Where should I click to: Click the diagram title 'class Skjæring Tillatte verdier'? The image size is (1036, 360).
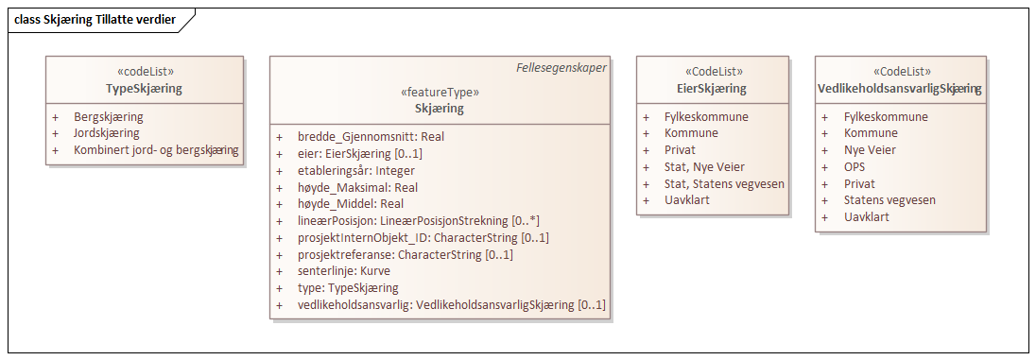[x=95, y=20]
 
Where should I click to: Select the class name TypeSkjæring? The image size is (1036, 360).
[x=144, y=89]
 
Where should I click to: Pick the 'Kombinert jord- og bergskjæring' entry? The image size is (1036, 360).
[x=156, y=150]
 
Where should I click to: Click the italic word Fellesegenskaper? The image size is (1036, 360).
[x=561, y=68]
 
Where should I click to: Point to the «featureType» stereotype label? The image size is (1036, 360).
[x=440, y=93]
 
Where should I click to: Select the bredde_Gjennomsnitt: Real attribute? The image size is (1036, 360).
[x=371, y=137]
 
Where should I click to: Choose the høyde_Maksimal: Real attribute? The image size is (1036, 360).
[x=351, y=188]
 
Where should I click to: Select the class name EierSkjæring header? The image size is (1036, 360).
[x=712, y=89]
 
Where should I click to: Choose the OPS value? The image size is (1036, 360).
[x=856, y=166]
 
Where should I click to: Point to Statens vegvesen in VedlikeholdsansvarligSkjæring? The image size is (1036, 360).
[x=889, y=200]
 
